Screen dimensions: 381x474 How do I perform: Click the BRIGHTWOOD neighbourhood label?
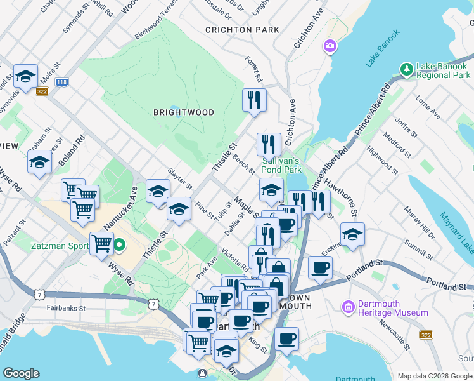(x=184, y=112)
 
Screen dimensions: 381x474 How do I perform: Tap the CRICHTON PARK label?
(x=242, y=30)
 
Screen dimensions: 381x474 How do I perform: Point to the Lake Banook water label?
(x=383, y=48)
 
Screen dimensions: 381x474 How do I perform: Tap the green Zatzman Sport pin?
(x=118, y=244)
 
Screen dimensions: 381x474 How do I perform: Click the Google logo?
(x=21, y=373)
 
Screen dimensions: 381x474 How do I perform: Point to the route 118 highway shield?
(x=61, y=82)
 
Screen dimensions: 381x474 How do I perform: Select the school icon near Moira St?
(x=25, y=77)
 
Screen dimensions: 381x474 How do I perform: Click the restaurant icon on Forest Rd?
(x=254, y=100)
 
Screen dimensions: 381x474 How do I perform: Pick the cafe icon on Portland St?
(x=321, y=267)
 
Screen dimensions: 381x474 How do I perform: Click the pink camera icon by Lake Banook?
(x=330, y=46)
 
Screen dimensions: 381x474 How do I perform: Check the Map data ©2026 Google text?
(x=434, y=375)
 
